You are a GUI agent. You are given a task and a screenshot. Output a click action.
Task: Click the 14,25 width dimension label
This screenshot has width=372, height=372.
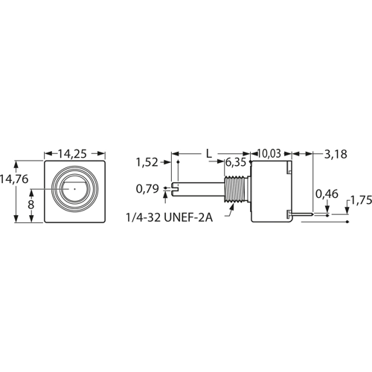point(72,154)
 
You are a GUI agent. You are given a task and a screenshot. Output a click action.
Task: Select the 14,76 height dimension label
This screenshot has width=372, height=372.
point(14,179)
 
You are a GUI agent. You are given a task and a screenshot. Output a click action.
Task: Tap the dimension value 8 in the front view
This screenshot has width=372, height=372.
point(31,205)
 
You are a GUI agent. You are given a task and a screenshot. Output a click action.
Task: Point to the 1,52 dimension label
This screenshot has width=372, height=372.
point(147,162)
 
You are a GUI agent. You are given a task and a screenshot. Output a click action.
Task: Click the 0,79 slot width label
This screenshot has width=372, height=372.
point(147,189)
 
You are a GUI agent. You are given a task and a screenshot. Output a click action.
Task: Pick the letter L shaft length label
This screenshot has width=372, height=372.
point(209,154)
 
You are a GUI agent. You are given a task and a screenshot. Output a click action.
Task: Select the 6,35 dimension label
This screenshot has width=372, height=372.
point(236,162)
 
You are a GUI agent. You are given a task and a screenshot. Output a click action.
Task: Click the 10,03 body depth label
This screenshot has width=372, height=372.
point(269,153)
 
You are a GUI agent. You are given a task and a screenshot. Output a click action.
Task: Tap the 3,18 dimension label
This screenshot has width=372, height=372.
point(336,154)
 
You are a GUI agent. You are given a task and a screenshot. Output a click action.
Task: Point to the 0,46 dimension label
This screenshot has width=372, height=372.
point(327,194)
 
